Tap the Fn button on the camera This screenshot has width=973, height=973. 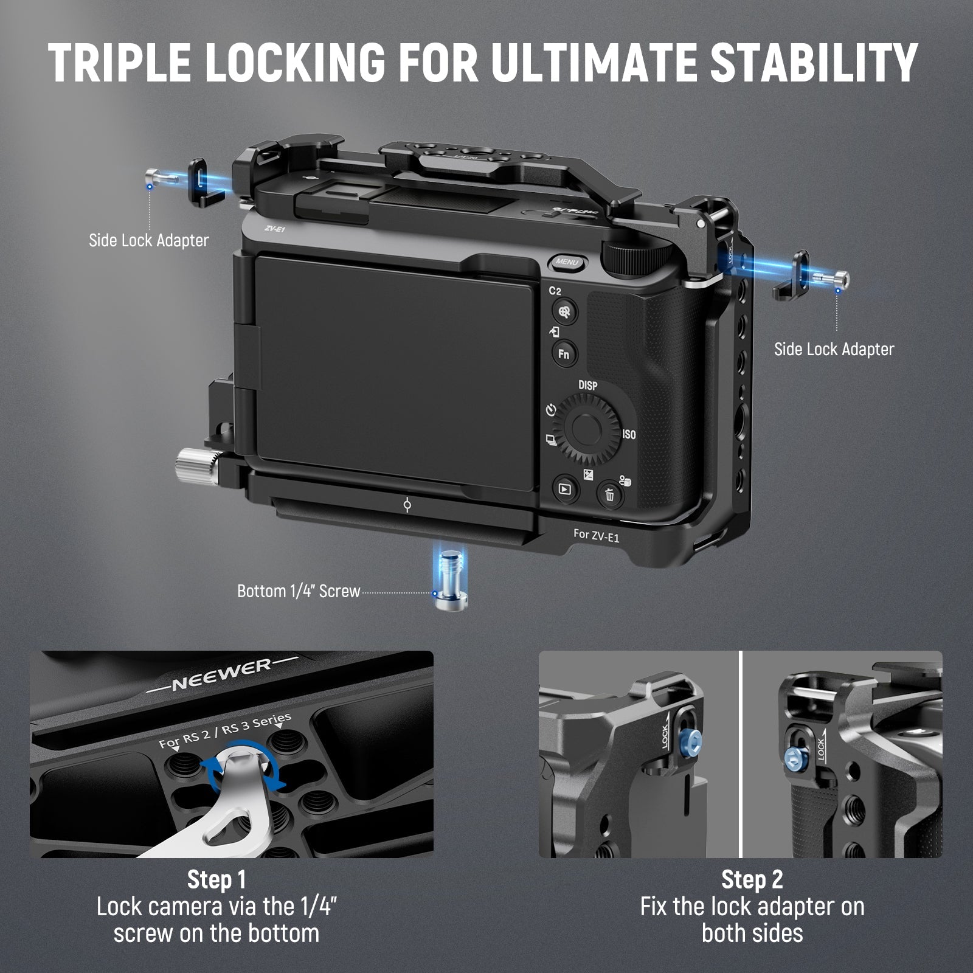(x=564, y=354)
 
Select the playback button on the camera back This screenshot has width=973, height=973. (x=564, y=488)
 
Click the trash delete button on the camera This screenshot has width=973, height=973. (x=609, y=494)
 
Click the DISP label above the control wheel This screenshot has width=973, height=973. (x=587, y=386)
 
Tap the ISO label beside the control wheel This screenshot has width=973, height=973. (x=629, y=434)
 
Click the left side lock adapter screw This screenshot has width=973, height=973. (x=161, y=178)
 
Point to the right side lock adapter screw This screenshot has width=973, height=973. (x=833, y=279)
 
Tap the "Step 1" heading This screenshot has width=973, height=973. (x=216, y=879)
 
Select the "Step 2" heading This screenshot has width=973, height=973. (x=752, y=879)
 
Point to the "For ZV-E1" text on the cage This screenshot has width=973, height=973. (x=596, y=536)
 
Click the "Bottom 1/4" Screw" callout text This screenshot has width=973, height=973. (x=299, y=591)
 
